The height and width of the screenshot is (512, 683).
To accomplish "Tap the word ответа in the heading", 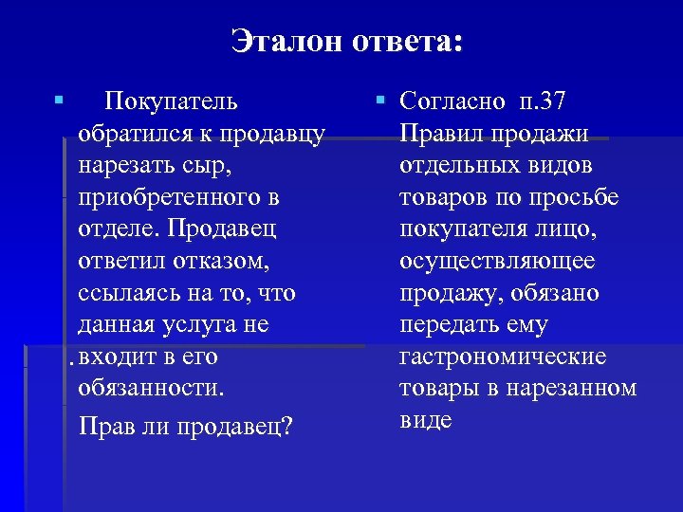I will pos(405,42).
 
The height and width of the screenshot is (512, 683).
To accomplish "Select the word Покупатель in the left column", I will pos(172,101).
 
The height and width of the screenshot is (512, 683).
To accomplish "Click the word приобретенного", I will pos(171,197).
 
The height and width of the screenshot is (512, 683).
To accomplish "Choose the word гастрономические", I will pos(503,357).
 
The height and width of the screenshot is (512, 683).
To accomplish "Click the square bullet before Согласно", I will pos(378,98).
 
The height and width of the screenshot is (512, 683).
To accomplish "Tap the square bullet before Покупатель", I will pos(59,98).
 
